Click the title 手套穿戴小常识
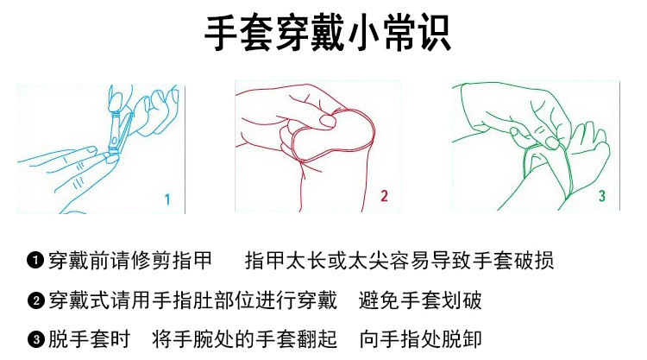click(x=327, y=34)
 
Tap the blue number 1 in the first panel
click(x=167, y=199)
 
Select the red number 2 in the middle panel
click(x=384, y=196)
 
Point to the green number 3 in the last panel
click(x=602, y=196)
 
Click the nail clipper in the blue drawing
click(x=119, y=131)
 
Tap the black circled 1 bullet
click(x=35, y=260)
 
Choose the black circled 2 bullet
click(x=35, y=300)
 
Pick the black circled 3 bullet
click(x=35, y=339)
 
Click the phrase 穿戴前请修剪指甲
click(x=130, y=261)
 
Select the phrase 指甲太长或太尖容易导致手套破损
click(x=399, y=261)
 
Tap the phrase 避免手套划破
click(x=420, y=300)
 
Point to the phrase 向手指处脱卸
click(x=420, y=339)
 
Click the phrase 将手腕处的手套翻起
click(x=244, y=339)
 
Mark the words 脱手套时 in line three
click(x=89, y=339)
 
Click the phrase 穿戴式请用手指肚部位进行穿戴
click(x=192, y=300)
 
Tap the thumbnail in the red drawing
click(x=327, y=122)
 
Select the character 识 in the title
click(x=434, y=34)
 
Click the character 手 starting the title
click(x=221, y=34)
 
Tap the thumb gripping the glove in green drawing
click(x=552, y=142)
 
